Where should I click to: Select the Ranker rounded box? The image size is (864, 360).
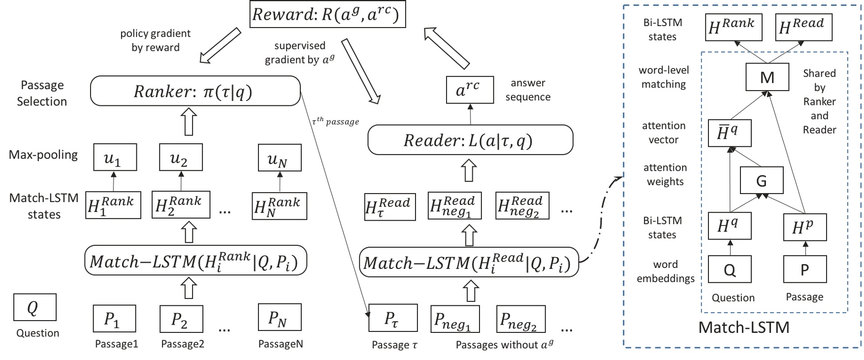[x=195, y=91]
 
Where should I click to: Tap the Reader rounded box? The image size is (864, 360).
[x=470, y=140]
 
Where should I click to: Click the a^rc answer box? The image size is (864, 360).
[x=470, y=90]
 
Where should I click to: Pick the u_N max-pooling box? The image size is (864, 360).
[x=280, y=158]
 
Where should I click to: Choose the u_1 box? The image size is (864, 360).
[x=115, y=158]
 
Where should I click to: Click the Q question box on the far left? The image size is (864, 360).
[x=34, y=307]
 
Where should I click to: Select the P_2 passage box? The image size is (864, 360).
[x=181, y=319]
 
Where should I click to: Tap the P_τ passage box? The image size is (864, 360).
[x=393, y=318]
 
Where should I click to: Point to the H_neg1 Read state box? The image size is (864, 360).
[x=454, y=205]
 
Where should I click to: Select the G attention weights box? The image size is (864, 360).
[x=761, y=180]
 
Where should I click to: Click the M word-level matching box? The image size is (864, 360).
[x=767, y=77]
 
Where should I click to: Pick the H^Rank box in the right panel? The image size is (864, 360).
[x=733, y=27]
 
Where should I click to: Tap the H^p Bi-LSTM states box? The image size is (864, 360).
[x=804, y=227]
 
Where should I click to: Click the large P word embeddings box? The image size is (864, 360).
[x=804, y=269]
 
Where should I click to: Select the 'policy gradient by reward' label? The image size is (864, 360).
[x=155, y=40]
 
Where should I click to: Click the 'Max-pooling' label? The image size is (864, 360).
[x=43, y=155]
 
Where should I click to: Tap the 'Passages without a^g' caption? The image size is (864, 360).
[x=504, y=344]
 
